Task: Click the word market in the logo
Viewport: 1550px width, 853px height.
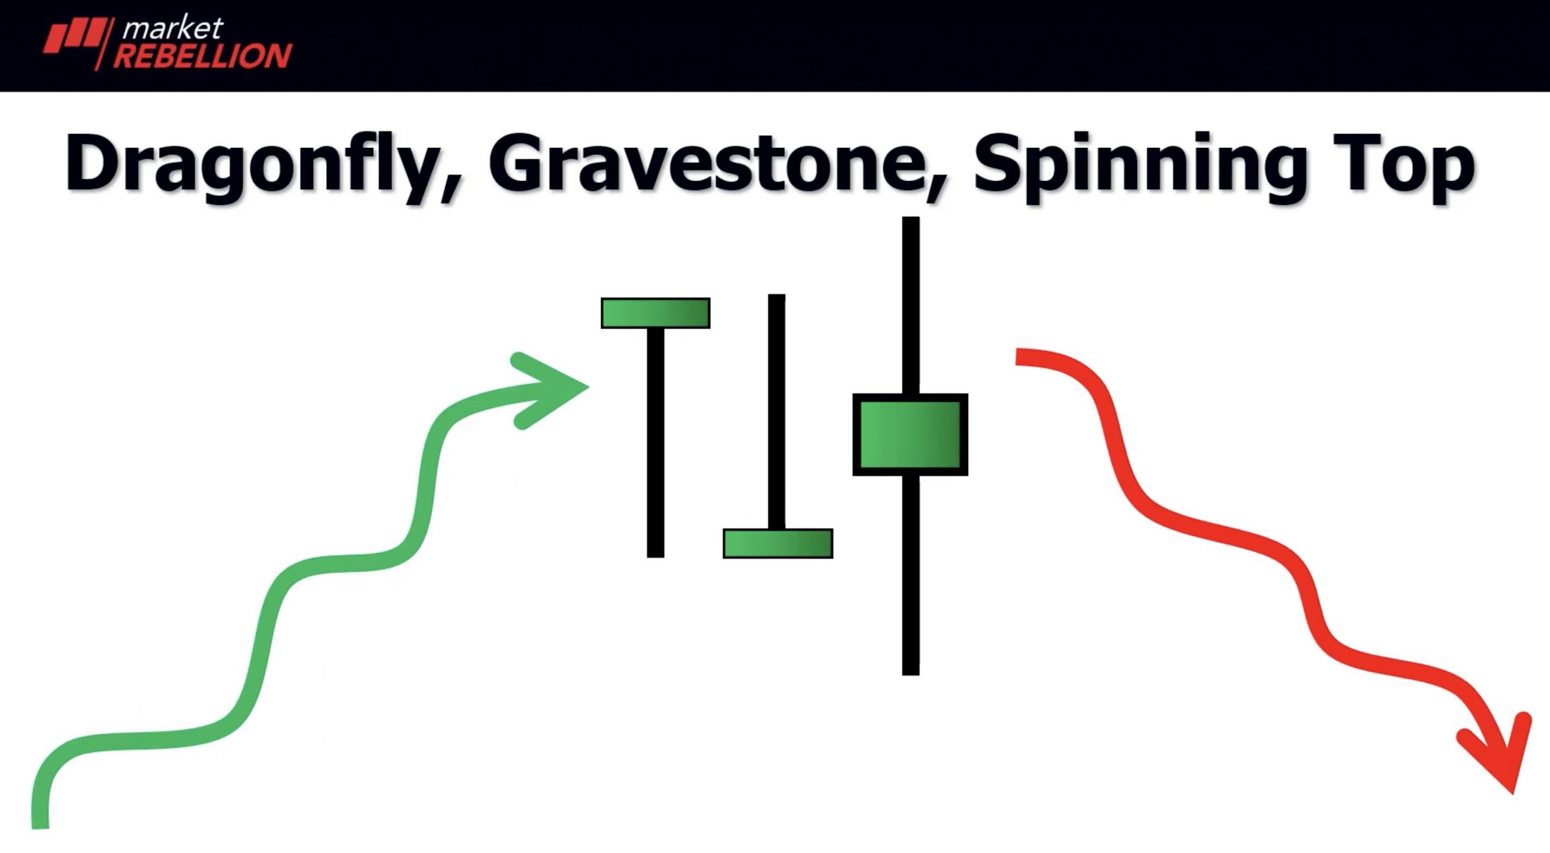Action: point(173,28)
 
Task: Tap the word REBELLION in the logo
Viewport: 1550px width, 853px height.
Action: point(203,56)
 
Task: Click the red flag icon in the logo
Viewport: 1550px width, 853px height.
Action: point(78,39)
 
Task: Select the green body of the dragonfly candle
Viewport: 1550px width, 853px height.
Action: point(655,313)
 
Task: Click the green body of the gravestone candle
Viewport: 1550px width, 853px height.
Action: point(778,543)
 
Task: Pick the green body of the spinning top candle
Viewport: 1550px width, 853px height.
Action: point(910,435)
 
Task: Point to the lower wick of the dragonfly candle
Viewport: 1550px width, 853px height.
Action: point(655,443)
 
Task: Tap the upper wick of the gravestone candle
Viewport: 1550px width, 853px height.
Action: point(776,411)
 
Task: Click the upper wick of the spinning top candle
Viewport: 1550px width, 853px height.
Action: point(910,305)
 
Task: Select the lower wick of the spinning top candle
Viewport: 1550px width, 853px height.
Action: point(910,575)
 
